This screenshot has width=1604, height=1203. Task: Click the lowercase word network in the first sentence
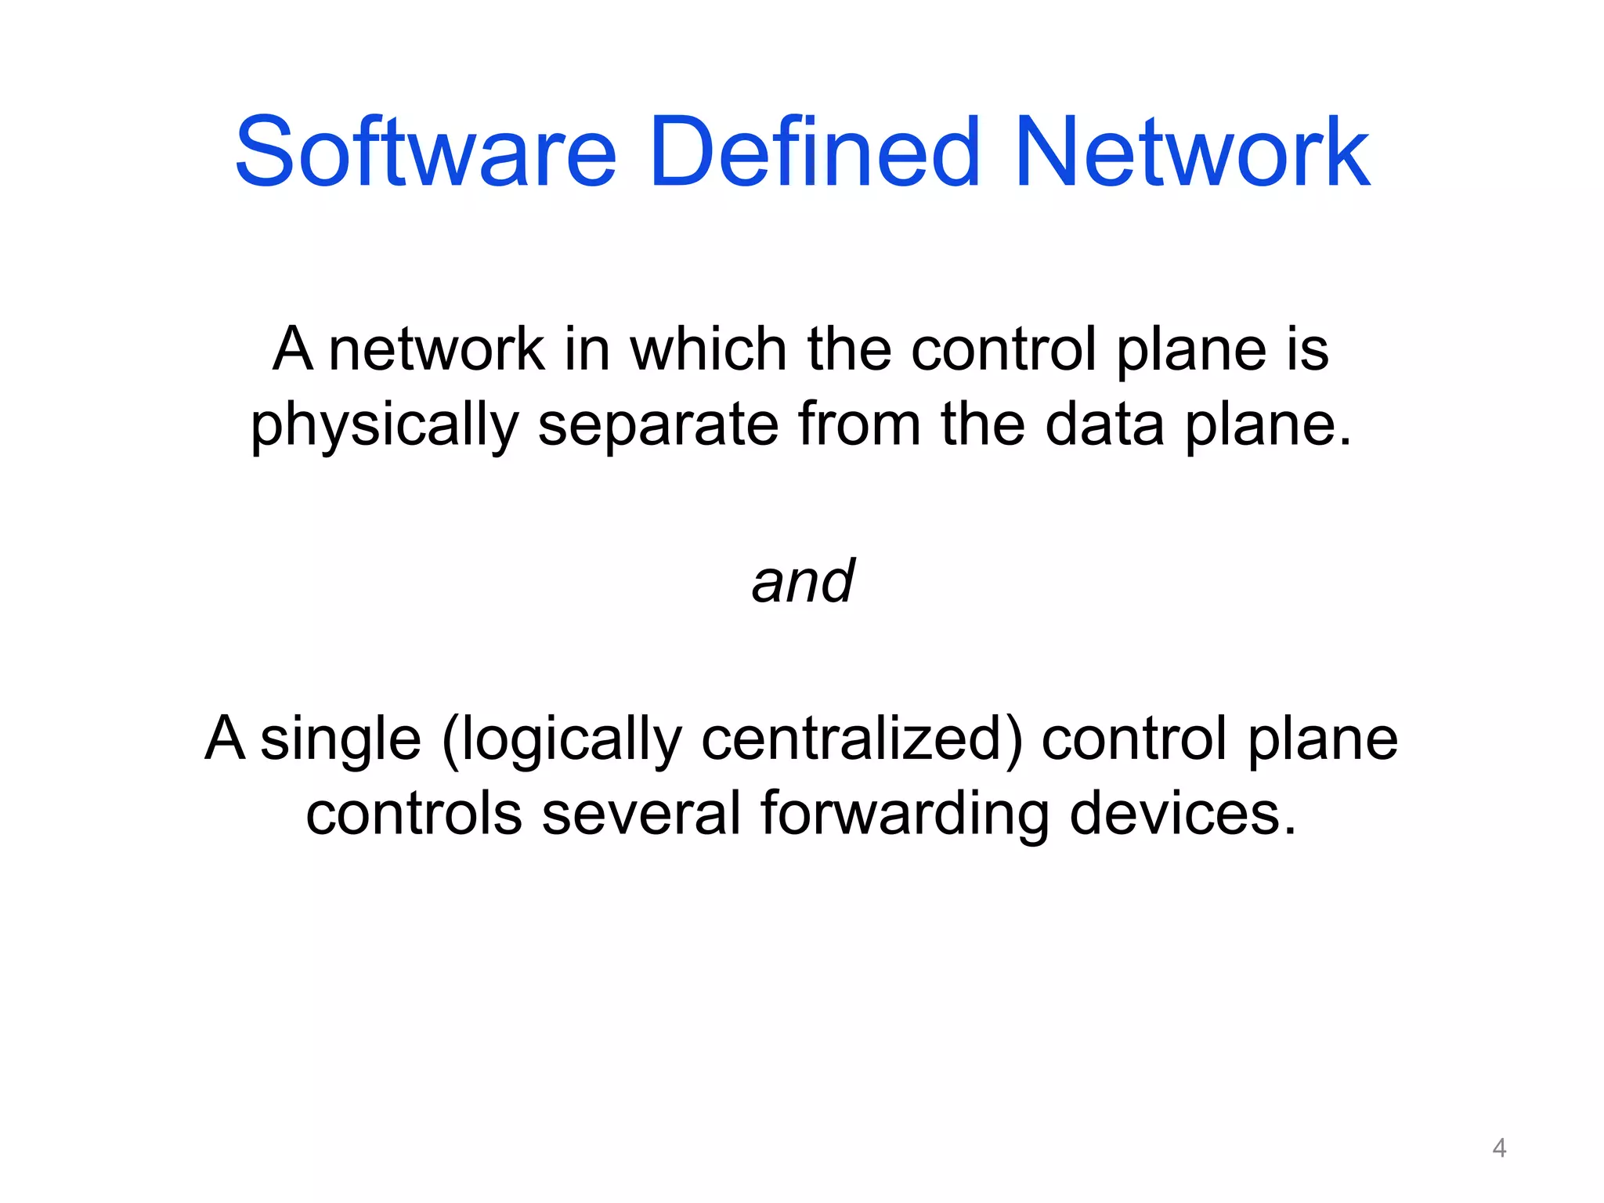pyautogui.click(x=436, y=349)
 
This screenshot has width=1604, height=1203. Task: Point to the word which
pyautogui.click(x=709, y=349)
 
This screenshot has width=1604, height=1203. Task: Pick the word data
pyautogui.click(x=1104, y=424)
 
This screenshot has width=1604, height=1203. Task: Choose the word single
pyautogui.click(x=341, y=741)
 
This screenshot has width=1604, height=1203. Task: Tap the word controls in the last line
pyautogui.click(x=414, y=814)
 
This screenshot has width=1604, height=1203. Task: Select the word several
pyautogui.click(x=641, y=814)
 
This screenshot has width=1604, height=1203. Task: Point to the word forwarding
pyautogui.click(x=905, y=815)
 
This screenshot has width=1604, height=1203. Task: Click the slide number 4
pyautogui.click(x=1499, y=1148)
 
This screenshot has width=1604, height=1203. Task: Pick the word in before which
pyautogui.click(x=587, y=349)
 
